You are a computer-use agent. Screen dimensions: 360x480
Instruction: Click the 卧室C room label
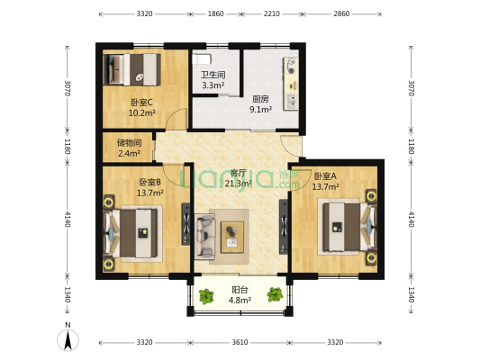pyautogui.click(x=141, y=102)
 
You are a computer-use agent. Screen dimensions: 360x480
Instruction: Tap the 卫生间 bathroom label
pyautogui.click(x=213, y=75)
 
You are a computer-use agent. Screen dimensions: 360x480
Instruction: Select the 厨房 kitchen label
pyautogui.click(x=260, y=99)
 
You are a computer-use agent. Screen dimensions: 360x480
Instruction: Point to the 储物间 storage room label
pyautogui.click(x=128, y=141)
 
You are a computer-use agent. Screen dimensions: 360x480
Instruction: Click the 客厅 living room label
pyautogui.click(x=239, y=173)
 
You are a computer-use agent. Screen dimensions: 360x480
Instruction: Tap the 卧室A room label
pyautogui.click(x=324, y=175)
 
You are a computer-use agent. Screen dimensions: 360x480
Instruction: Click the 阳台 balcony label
pyautogui.click(x=240, y=289)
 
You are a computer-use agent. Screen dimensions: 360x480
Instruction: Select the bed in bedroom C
pyautogui.click(x=131, y=68)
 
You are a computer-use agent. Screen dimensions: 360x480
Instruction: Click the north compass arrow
pyautogui.click(x=66, y=339)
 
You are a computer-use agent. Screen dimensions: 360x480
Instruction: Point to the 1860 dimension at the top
pyautogui.click(x=215, y=15)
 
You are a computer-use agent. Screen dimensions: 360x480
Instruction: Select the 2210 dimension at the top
pyautogui.click(x=271, y=15)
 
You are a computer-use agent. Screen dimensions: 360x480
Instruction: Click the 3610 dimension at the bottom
pyautogui.click(x=240, y=343)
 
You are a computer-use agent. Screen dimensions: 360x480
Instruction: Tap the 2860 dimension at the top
pyautogui.click(x=342, y=15)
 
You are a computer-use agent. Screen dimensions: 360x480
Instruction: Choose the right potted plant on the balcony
pyautogui.click(x=273, y=294)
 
